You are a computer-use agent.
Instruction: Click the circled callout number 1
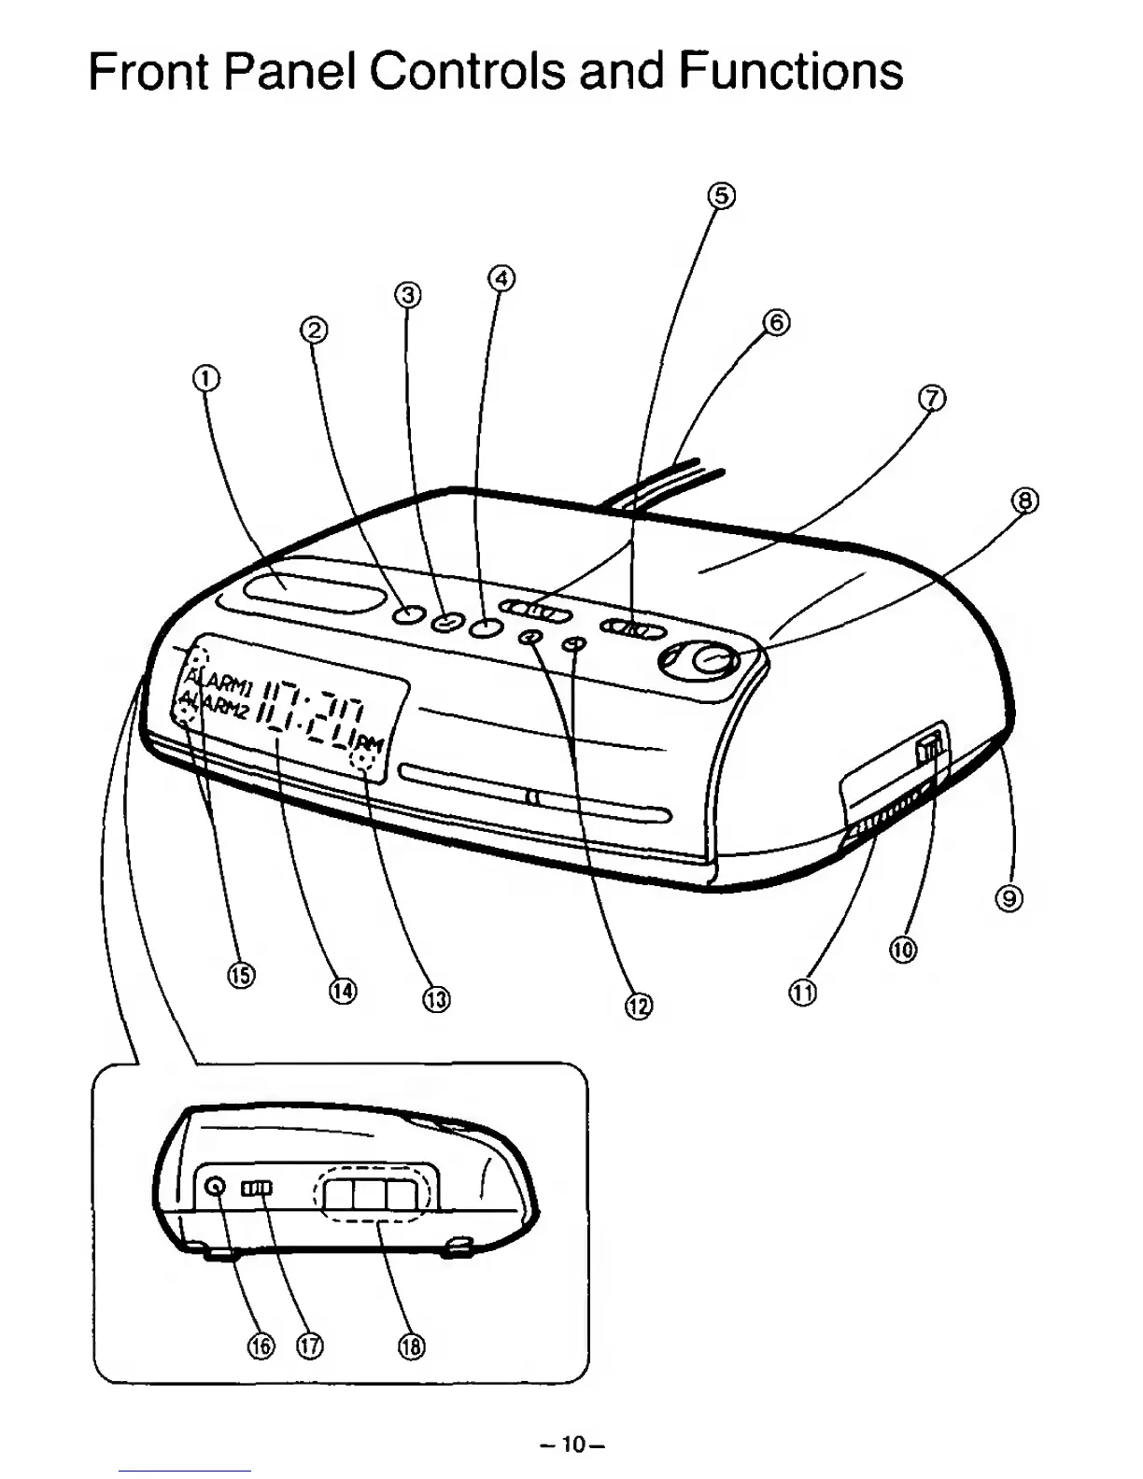(207, 377)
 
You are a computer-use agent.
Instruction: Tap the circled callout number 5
(721, 196)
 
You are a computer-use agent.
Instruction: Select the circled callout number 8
(1024, 501)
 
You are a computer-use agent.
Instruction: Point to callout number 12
(639, 1006)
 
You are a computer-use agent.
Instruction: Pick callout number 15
(241, 975)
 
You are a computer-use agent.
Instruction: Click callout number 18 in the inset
(411, 1345)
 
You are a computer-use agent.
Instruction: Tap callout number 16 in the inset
(261, 1345)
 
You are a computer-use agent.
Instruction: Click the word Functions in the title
(791, 71)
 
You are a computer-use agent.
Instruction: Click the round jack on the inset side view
(216, 1187)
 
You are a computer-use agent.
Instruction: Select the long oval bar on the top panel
(316, 595)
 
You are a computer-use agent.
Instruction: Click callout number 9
(1009, 899)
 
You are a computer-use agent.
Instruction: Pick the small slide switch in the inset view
(257, 1188)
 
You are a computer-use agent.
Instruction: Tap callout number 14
(343, 990)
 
